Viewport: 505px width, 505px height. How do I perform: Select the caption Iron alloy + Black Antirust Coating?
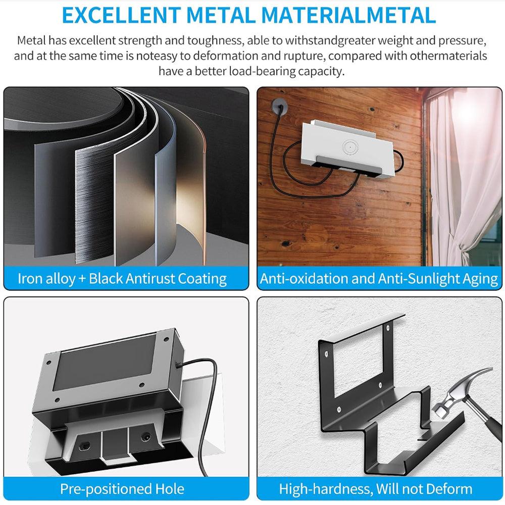pos(122,279)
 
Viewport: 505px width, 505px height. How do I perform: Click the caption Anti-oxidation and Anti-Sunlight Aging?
pos(379,279)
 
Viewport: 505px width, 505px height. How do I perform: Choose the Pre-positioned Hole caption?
pos(122,489)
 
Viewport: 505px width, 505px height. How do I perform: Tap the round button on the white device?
pos(348,146)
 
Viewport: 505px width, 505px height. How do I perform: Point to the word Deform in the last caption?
pos(448,489)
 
